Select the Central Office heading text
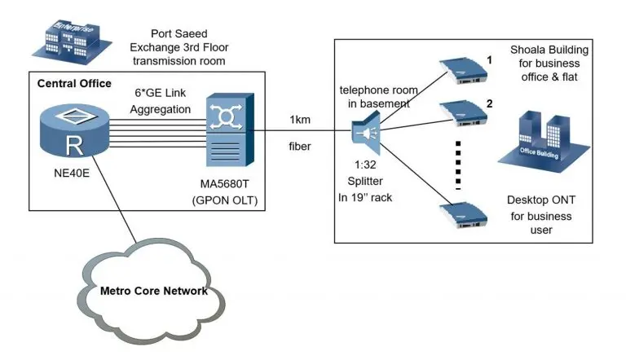click(x=74, y=84)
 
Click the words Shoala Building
click(x=549, y=50)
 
